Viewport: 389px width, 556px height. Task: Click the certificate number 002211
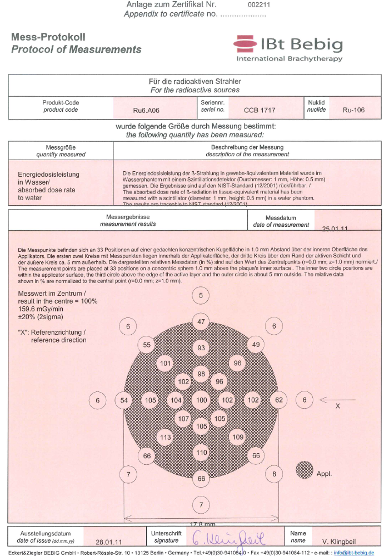[x=258, y=4]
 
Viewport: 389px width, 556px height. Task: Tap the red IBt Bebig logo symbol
[x=245, y=43]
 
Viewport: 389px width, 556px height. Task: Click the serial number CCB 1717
[x=260, y=110]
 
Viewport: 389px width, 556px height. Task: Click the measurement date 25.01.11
[x=335, y=229]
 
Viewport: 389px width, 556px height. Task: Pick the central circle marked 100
[x=202, y=400]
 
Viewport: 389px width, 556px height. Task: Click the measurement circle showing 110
[x=202, y=453]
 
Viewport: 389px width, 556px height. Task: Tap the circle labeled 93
[x=202, y=348]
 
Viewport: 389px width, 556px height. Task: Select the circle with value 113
[x=166, y=437]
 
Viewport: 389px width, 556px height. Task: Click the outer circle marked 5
[x=201, y=295]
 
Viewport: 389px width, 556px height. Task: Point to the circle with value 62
[x=279, y=400]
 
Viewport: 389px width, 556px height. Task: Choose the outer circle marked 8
[x=274, y=474]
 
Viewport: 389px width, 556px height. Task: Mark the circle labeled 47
[x=202, y=322]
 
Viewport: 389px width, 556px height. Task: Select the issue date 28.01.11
[x=109, y=541]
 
